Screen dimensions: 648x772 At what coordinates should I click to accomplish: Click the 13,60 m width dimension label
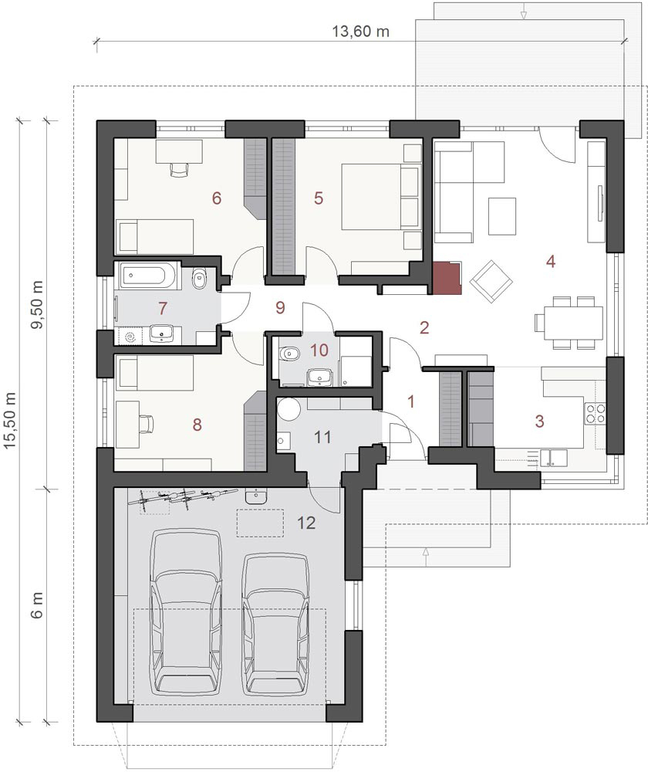tap(360, 32)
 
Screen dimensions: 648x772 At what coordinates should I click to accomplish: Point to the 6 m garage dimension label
tap(37, 605)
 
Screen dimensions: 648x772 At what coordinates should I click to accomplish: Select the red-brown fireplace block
tap(447, 278)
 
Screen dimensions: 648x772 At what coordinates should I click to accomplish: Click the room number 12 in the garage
tap(306, 523)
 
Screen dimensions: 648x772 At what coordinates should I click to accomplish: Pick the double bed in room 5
tap(382, 196)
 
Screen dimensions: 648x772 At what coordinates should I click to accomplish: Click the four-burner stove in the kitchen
tap(595, 414)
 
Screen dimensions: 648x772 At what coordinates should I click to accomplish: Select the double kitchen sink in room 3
tap(554, 457)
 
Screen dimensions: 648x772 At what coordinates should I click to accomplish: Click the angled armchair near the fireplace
tap(491, 281)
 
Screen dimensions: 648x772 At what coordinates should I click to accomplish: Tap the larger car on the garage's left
tap(185, 612)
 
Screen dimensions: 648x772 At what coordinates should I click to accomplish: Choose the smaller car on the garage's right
tap(276, 624)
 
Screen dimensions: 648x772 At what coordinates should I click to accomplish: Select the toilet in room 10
tap(289, 353)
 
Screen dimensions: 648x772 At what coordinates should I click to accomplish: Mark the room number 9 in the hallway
tap(280, 308)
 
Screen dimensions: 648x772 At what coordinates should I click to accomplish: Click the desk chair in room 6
tap(180, 168)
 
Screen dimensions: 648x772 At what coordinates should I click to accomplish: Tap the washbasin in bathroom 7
tap(161, 334)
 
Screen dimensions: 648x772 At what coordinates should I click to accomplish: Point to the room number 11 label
tap(322, 437)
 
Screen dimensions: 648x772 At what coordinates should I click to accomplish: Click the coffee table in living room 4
tap(502, 215)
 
